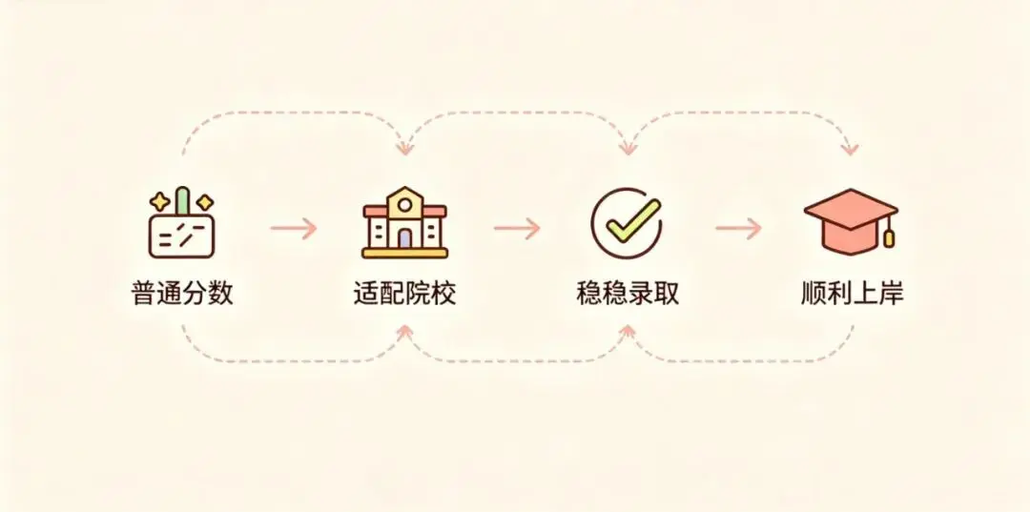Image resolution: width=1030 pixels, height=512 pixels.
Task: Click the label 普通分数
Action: click(182, 293)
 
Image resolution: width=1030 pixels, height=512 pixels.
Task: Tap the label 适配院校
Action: click(404, 293)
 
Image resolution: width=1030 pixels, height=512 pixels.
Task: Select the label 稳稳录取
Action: click(628, 293)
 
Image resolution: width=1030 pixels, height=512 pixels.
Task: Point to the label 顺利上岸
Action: click(852, 293)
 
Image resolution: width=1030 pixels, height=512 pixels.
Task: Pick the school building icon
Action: click(404, 222)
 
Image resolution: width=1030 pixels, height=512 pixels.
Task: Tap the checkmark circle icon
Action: click(627, 224)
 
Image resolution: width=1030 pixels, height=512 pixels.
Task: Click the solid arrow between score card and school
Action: click(294, 229)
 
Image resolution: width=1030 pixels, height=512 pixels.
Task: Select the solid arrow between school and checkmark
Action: click(517, 229)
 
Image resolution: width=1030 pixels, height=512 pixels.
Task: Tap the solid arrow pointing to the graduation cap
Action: click(738, 229)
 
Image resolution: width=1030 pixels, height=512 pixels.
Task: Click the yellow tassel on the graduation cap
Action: click(889, 237)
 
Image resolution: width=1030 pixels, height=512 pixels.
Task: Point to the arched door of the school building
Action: click(405, 237)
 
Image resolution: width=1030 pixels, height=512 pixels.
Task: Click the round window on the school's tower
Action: click(405, 205)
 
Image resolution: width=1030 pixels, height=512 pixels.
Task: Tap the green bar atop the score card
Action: click(182, 199)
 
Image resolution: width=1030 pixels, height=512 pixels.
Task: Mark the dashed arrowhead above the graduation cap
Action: click(850, 150)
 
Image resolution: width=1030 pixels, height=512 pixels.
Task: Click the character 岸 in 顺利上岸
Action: click(891, 293)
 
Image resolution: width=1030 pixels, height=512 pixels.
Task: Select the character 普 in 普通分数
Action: click(145, 293)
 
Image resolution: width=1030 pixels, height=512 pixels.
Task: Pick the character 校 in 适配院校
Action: click(443, 293)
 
